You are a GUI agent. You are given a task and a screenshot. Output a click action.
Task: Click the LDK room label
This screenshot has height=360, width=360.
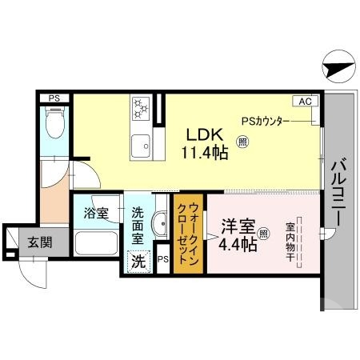[x=202, y=134]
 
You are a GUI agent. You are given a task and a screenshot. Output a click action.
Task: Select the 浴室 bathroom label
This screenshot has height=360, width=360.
[x=98, y=214]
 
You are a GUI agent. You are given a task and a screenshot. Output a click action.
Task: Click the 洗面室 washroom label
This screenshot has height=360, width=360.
[x=137, y=226]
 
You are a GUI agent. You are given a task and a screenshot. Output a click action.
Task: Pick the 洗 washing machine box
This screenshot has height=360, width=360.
[x=138, y=261]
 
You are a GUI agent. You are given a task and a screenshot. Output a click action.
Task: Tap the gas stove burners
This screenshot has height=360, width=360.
[x=140, y=106]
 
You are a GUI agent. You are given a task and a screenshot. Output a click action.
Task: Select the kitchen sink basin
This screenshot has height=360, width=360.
[x=142, y=146]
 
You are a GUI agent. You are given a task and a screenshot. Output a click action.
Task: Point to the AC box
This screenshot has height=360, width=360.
[x=306, y=102]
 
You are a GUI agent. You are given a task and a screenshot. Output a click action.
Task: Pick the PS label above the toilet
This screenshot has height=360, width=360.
[x=54, y=98]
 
